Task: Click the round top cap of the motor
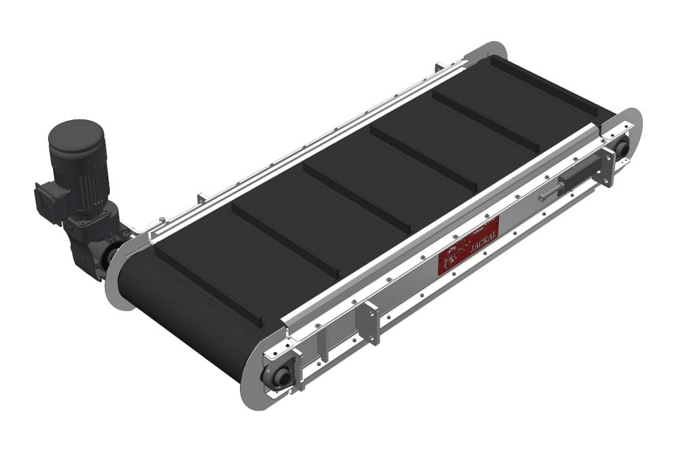(77, 135)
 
